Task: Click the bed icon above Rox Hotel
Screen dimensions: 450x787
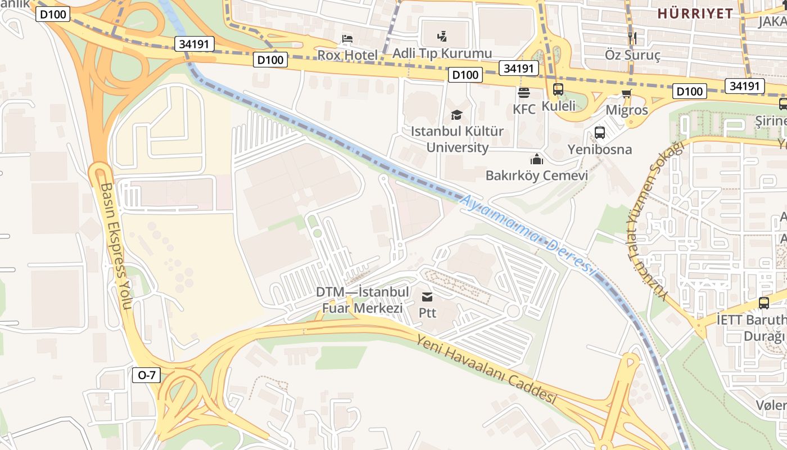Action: click(348, 39)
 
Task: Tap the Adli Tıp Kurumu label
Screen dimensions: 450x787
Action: click(442, 54)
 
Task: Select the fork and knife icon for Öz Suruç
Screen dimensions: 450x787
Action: click(632, 38)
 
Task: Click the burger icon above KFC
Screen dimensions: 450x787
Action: click(524, 92)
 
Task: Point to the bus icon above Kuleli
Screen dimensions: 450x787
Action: click(558, 89)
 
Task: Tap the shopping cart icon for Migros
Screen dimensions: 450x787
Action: click(627, 94)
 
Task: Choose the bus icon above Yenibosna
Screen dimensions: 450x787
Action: click(600, 133)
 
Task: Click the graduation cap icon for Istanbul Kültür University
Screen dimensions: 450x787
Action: click(456, 115)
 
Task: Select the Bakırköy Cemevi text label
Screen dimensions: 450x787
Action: click(536, 175)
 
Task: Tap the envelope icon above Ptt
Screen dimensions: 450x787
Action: click(427, 296)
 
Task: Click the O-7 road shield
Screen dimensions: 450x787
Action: click(146, 375)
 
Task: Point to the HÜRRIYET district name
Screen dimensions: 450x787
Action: click(695, 13)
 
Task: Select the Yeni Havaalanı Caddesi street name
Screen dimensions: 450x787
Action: click(486, 368)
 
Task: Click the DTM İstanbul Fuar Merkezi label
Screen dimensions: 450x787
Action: click(362, 300)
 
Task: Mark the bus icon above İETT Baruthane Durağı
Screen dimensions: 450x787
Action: click(763, 303)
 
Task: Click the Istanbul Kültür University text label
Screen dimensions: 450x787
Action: click(456, 139)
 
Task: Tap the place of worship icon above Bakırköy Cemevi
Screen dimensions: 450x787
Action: click(536, 159)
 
